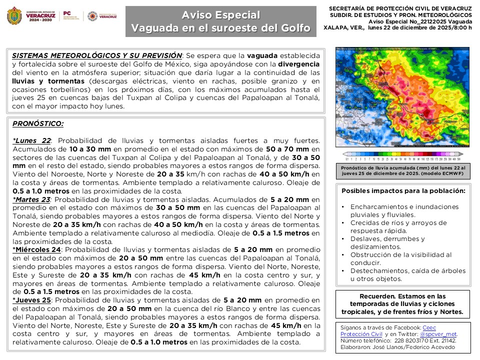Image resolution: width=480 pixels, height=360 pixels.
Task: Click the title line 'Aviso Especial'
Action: (220, 15)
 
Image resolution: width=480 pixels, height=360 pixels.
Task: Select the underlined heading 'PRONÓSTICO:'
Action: (37, 123)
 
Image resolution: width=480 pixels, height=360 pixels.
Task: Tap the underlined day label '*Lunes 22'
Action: (31, 141)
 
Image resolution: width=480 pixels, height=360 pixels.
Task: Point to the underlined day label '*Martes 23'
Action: (31, 199)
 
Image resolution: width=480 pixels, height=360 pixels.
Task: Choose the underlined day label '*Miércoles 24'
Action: (36, 249)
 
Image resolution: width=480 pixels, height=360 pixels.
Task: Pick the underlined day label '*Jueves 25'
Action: (32, 300)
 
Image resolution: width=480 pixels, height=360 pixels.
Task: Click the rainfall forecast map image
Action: (402, 97)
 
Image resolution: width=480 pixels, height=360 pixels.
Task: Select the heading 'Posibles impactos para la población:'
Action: (403, 190)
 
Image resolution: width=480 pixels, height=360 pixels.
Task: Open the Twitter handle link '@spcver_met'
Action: (438, 334)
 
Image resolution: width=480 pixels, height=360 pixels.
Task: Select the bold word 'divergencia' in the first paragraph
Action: (298, 64)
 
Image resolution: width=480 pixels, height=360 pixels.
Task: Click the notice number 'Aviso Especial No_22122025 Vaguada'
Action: (419, 22)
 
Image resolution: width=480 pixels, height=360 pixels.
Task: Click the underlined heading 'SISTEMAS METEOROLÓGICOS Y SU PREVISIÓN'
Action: (96, 55)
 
